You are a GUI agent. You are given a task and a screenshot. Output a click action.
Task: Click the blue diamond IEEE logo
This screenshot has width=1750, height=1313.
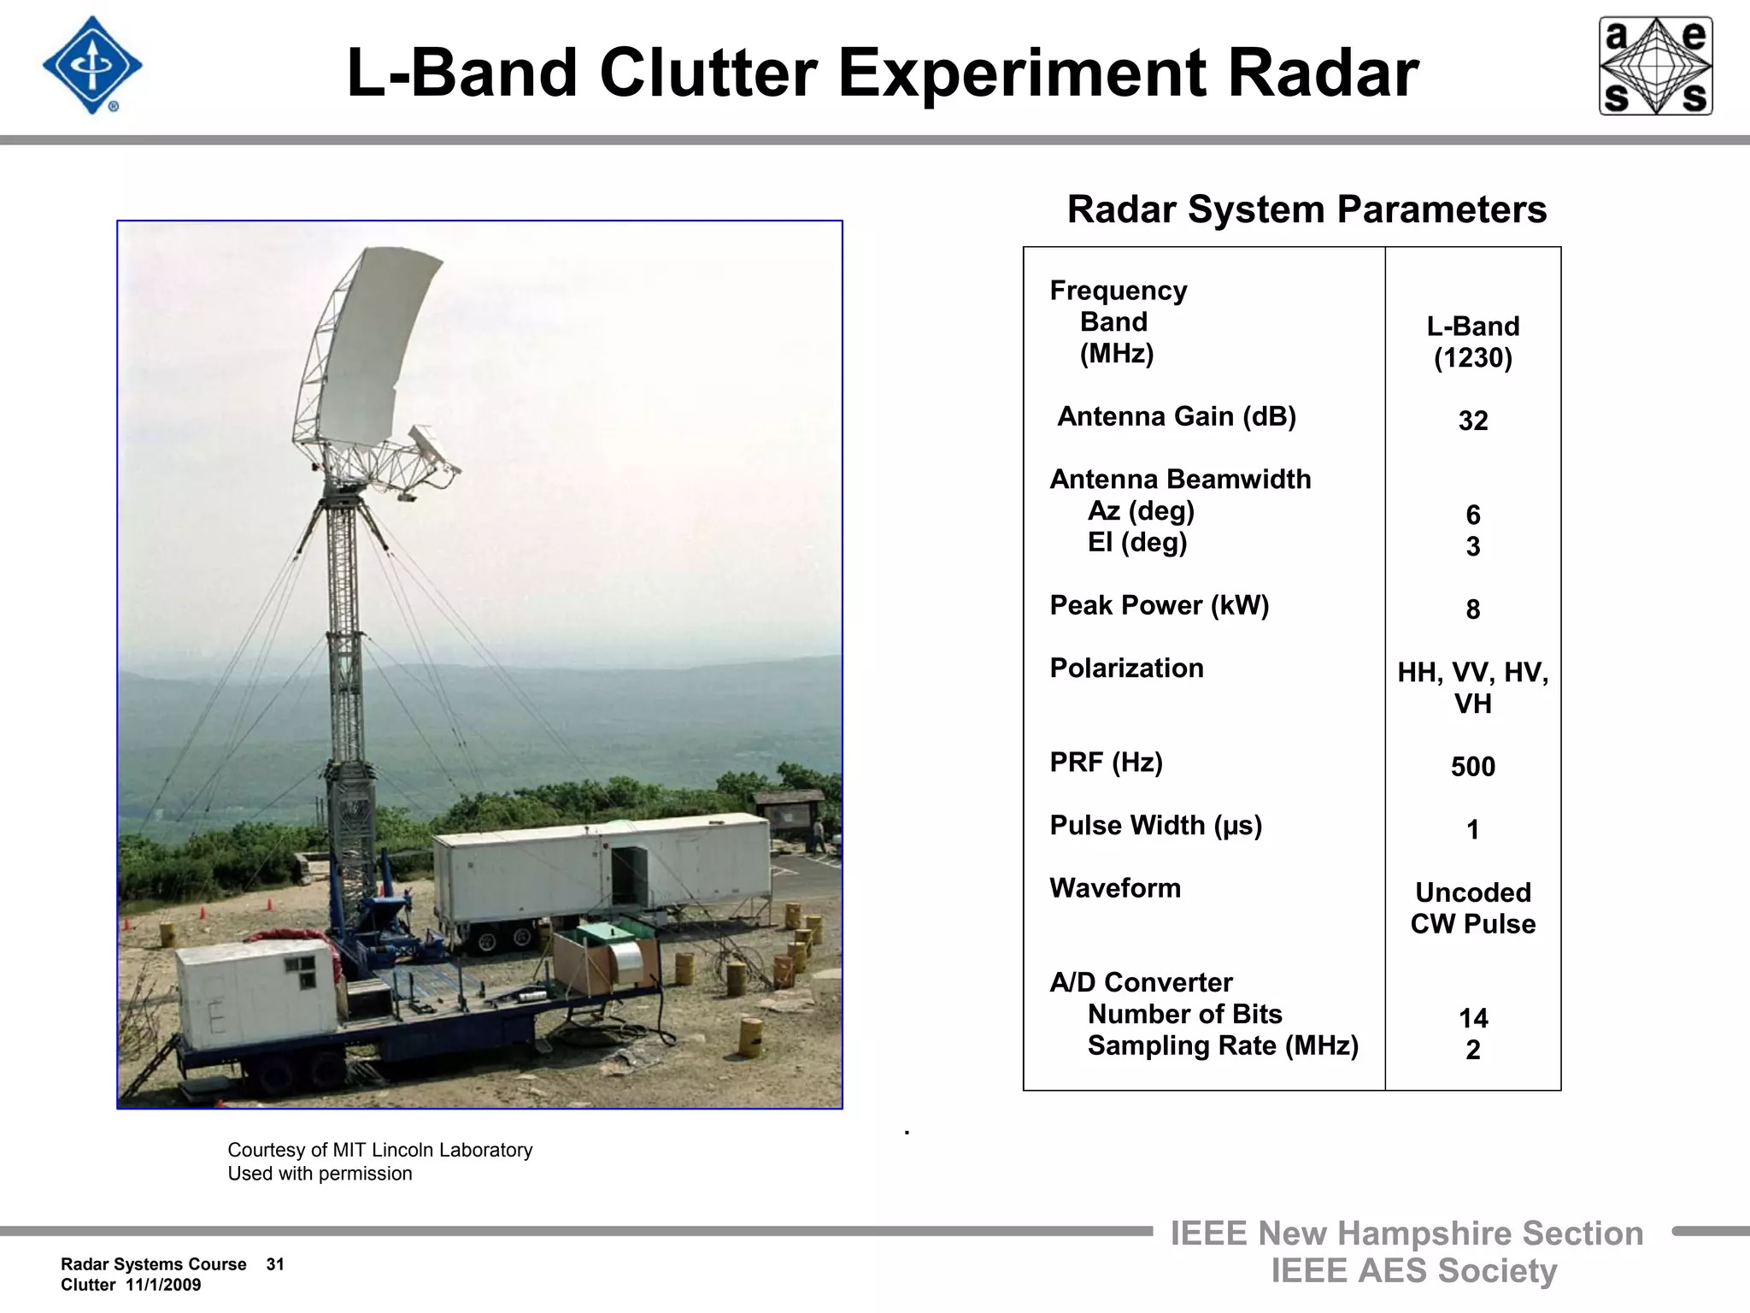point(91,66)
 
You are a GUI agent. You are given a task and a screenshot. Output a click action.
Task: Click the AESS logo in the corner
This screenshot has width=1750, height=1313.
point(1655,66)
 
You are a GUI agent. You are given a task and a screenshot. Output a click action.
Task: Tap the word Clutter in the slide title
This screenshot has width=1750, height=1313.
point(708,74)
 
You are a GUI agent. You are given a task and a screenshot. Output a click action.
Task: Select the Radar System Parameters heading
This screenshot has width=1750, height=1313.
point(1307,209)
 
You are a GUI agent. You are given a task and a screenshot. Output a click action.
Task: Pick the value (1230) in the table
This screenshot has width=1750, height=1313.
point(1472,358)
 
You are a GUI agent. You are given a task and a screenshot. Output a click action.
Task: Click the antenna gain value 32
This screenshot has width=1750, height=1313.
point(1472,421)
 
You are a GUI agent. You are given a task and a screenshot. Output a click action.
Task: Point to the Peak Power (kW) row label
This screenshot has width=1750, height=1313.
point(1159,605)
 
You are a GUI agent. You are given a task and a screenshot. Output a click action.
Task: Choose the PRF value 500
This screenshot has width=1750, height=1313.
point(1472,767)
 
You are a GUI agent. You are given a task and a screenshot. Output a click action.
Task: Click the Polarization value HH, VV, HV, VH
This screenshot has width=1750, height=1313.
point(1472,687)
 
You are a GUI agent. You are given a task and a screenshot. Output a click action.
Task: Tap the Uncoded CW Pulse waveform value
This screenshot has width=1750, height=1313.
point(1472,908)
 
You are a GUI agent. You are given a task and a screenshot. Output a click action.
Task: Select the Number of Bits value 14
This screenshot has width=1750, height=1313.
point(1472,1018)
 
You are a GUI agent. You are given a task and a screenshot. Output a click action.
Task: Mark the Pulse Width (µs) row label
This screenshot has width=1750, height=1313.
point(1155,826)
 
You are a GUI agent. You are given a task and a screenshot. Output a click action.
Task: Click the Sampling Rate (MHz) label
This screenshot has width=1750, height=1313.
point(1222,1045)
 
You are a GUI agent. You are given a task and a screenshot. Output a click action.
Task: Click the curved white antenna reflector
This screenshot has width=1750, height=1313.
point(376,342)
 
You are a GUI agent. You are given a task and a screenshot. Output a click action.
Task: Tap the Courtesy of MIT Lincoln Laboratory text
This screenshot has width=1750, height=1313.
point(379,1150)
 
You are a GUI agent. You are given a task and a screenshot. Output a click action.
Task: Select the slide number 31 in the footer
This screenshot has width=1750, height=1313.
point(275,1264)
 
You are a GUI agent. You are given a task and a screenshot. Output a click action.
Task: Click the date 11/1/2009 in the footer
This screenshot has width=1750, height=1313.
point(163,1285)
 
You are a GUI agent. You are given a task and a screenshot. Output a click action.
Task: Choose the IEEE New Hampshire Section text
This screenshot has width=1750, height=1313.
point(1406,1234)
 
